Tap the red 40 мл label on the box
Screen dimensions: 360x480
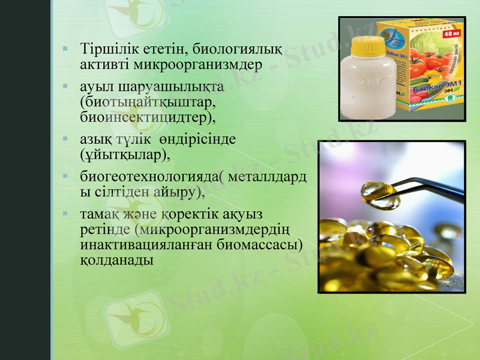tap(451, 34)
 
